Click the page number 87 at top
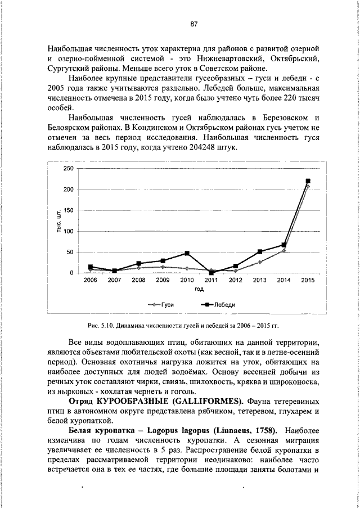point(193,24)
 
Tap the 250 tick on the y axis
point(68,169)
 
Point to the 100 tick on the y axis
point(68,231)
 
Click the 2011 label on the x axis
point(211,280)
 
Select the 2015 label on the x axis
point(308,280)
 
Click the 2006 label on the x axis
point(90,280)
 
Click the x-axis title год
point(199,289)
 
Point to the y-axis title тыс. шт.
point(58,221)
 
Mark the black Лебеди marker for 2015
point(308,181)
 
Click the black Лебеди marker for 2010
point(187,253)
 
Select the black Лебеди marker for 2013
point(259,251)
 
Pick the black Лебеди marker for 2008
point(138,263)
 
